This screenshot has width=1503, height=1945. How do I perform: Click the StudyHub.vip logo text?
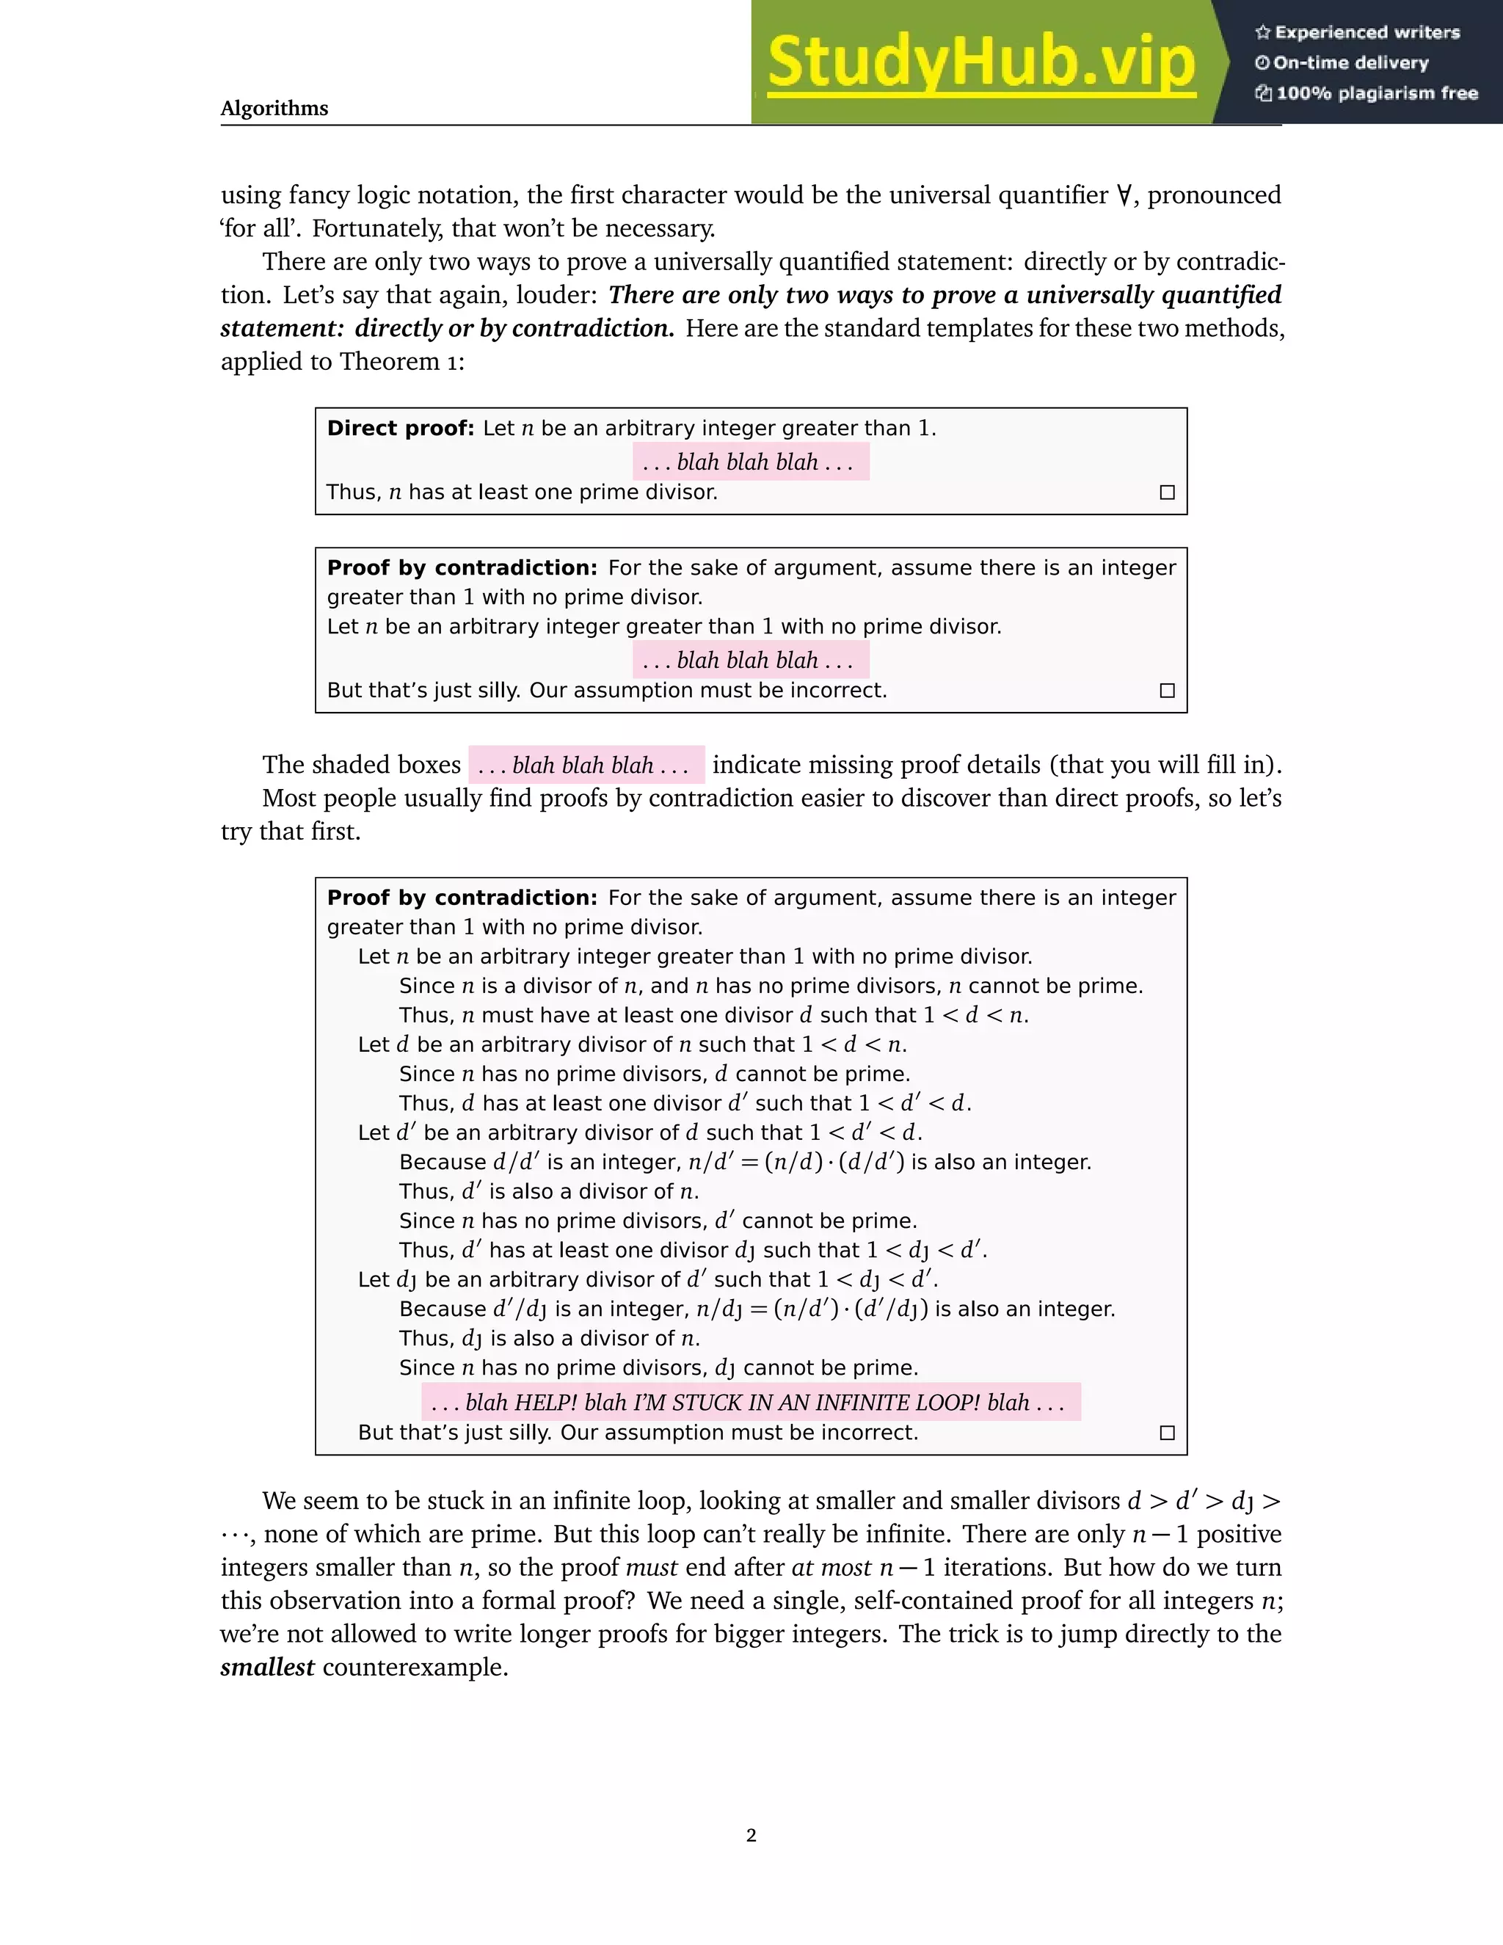pyautogui.click(x=980, y=63)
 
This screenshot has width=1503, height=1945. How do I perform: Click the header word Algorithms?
pyautogui.click(x=274, y=109)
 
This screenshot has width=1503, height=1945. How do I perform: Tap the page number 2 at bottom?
pyautogui.click(x=751, y=1835)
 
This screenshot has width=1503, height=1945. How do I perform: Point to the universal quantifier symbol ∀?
pyautogui.click(x=1124, y=195)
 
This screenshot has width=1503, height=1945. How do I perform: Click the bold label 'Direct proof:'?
pyautogui.click(x=401, y=429)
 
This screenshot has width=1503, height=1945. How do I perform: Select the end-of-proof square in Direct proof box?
pyautogui.click(x=1168, y=492)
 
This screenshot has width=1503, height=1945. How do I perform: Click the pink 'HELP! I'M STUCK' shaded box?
pyautogui.click(x=751, y=1402)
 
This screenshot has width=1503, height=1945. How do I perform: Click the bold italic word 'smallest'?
pyautogui.click(x=267, y=1667)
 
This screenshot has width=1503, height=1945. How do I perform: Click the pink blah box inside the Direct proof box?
pyautogui.click(x=751, y=462)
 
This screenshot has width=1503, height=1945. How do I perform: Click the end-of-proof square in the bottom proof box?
pyautogui.click(x=1168, y=1432)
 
